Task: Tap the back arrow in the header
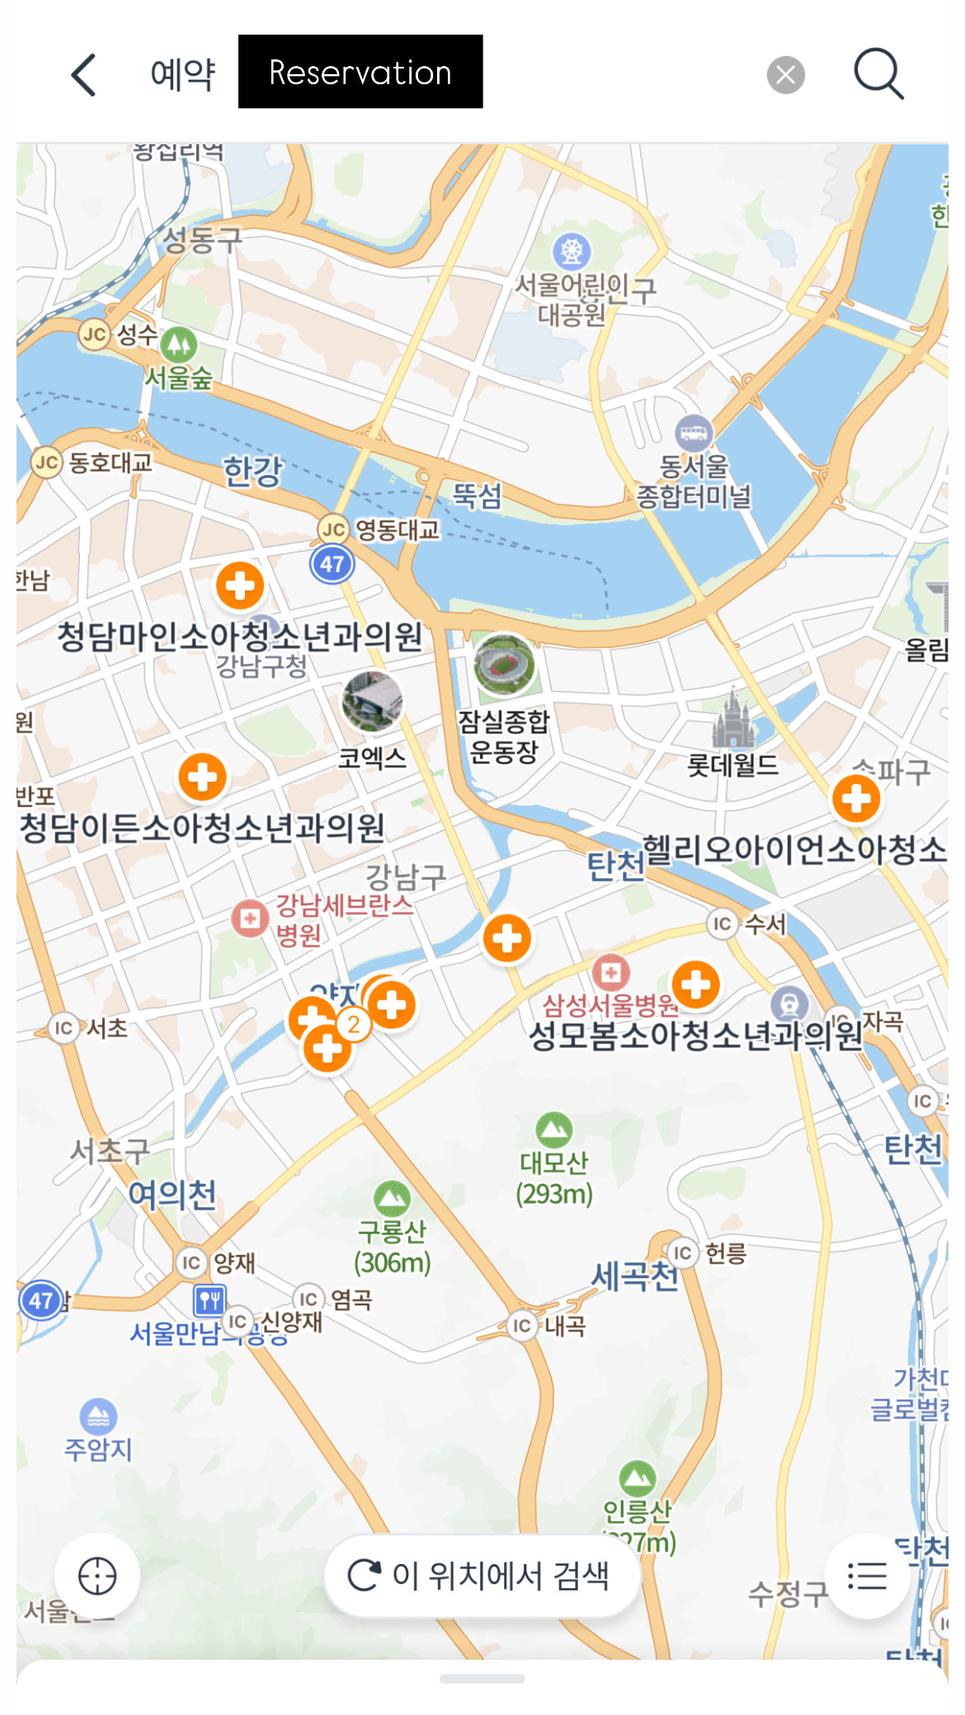coord(84,75)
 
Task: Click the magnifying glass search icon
coord(878,74)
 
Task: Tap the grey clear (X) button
coord(785,75)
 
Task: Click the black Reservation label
coord(360,72)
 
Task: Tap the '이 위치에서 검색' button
coord(482,1576)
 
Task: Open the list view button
coord(867,1576)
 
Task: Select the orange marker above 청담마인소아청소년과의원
coord(240,585)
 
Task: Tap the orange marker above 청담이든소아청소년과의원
coord(203,777)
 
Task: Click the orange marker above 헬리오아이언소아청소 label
coord(856,798)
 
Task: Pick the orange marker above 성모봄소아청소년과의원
coord(696,984)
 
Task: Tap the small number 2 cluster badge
coord(354,1024)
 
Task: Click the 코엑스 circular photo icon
coord(373,702)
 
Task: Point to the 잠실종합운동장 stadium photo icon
coord(504,665)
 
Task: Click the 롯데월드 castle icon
coord(732,721)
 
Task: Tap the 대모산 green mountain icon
coord(554,1130)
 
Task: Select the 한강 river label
coord(252,471)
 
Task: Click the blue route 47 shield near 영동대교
coord(332,564)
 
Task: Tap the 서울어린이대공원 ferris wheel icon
coord(572,251)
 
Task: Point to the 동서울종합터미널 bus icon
coord(694,431)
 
